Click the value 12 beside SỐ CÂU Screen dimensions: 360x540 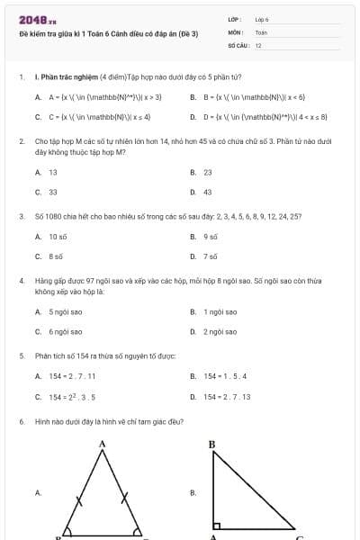pos(258,44)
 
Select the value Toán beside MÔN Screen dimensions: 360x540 pos(261,31)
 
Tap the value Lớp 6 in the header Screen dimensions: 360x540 pos(262,19)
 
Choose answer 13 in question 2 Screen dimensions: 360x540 pos(53,172)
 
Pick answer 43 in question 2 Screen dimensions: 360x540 pos(208,192)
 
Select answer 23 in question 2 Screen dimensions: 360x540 pos(208,172)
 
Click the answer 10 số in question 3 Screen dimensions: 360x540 pos(58,236)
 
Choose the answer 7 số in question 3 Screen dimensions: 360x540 pos(211,256)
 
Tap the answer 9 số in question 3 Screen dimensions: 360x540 pos(211,236)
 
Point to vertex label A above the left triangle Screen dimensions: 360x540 pos(102,444)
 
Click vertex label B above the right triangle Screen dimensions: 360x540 pos(212,444)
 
